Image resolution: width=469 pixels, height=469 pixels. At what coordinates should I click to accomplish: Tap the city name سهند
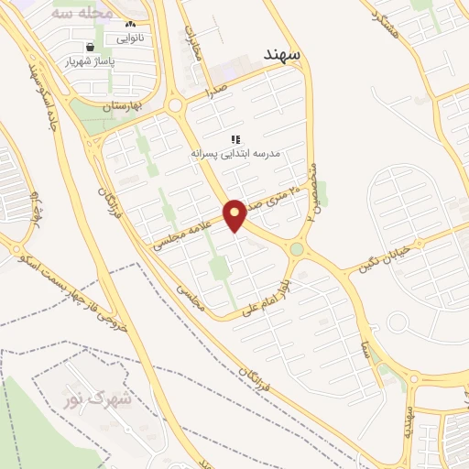tap(285, 52)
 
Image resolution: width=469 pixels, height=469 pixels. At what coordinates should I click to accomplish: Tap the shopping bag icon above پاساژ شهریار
tap(89, 47)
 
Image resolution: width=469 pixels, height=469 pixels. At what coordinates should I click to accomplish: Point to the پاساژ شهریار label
tap(89, 63)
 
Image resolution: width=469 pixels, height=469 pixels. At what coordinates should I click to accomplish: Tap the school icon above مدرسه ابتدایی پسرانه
tap(235, 139)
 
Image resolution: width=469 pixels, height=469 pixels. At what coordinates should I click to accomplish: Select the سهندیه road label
tap(409, 421)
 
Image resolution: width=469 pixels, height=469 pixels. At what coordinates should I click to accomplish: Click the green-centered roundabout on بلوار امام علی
tap(297, 248)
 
